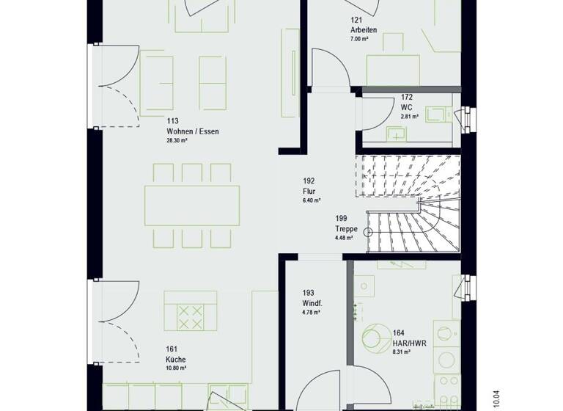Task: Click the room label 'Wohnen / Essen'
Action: pyautogui.click(x=192, y=131)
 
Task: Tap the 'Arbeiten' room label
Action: pyautogui.click(x=364, y=29)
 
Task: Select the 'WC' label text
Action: pyautogui.click(x=406, y=106)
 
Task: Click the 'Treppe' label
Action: pyautogui.click(x=347, y=228)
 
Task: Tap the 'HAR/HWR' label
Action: pyautogui.click(x=409, y=343)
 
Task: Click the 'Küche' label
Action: pyautogui.click(x=175, y=360)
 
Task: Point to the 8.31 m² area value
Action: pyautogui.click(x=402, y=352)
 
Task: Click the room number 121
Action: pyautogui.click(x=356, y=20)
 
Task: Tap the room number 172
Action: pyautogui.click(x=406, y=97)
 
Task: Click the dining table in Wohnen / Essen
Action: pyautogui.click(x=192, y=205)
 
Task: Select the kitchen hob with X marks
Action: pyautogui.click(x=191, y=317)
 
